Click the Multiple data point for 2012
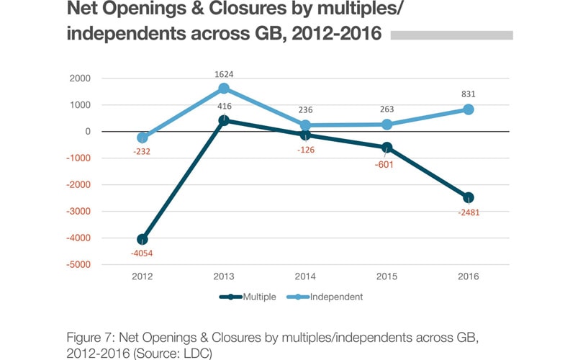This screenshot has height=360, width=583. [143, 239]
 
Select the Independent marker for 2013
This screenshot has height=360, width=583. [224, 89]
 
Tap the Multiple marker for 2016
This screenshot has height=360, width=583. [469, 197]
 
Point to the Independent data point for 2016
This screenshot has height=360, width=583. [469, 109]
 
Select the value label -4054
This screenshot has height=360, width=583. [143, 253]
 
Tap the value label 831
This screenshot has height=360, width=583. [469, 94]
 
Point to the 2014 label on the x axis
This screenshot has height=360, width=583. [305, 276]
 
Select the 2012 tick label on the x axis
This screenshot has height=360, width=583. [143, 276]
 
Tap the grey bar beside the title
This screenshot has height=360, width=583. [451, 35]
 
